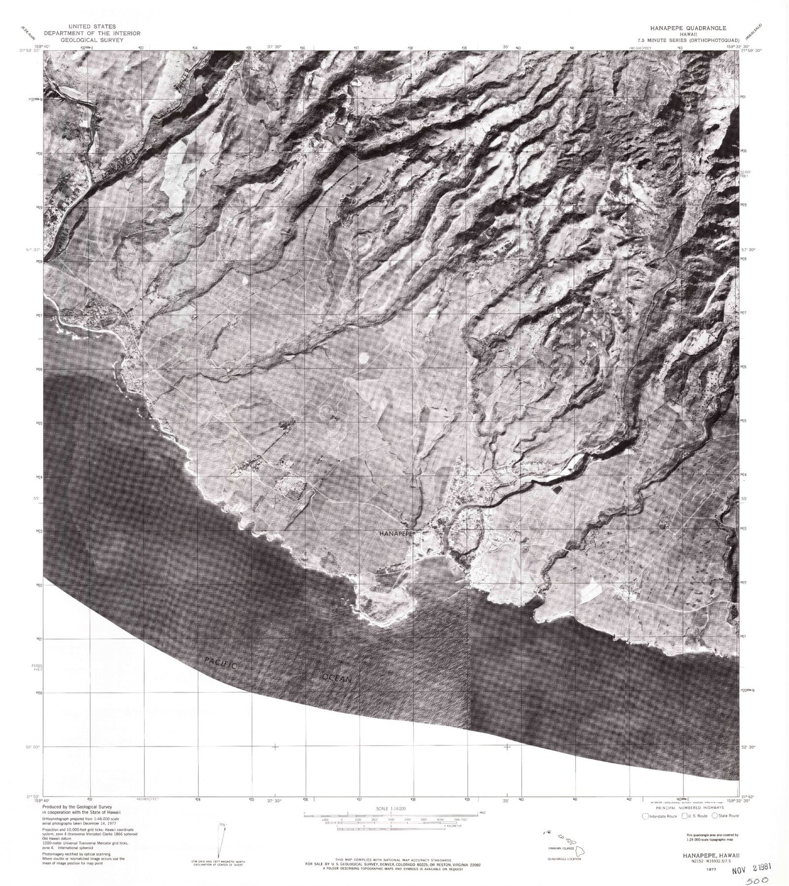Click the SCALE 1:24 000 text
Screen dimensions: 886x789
click(x=388, y=808)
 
